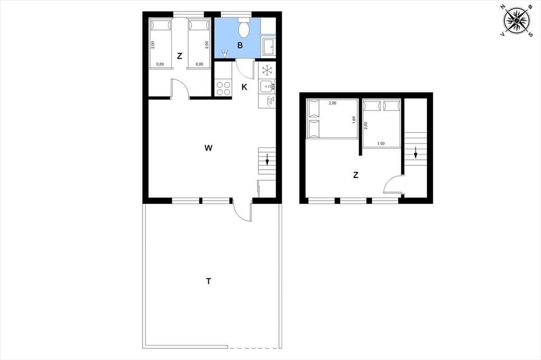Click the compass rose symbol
(517, 21)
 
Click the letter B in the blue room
(240, 45)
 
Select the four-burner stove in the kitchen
(223, 88)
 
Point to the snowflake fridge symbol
(267, 70)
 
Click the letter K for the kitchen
(244, 87)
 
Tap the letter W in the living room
(208, 148)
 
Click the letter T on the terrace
(208, 281)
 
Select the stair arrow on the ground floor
(267, 159)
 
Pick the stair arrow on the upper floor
(416, 153)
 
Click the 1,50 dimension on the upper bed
(381, 144)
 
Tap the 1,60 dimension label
(354, 120)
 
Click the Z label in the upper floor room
(356, 175)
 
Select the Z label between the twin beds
(180, 56)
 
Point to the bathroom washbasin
(268, 46)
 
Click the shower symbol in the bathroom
(225, 53)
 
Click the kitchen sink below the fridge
(267, 86)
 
